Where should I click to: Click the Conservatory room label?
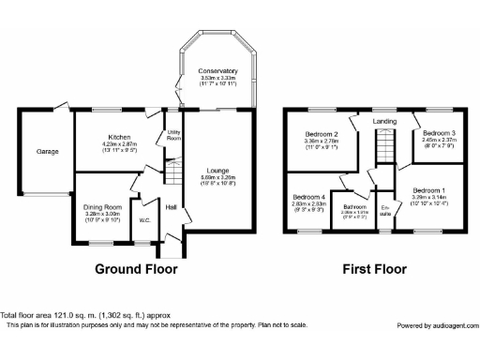click(217, 71)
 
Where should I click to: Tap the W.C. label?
click(146, 221)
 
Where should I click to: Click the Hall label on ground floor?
click(172, 207)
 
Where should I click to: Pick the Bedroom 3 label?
click(437, 135)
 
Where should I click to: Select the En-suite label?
click(385, 209)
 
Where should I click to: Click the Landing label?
click(383, 121)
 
